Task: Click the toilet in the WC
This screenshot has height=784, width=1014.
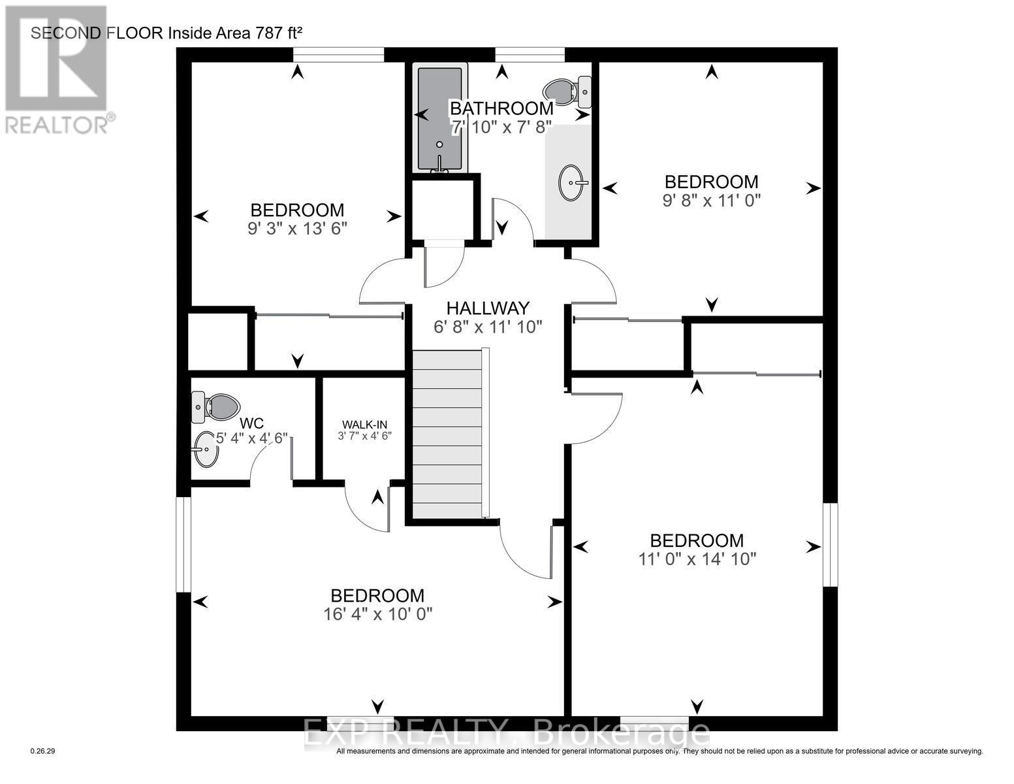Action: tap(216, 406)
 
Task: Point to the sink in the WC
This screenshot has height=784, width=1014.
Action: tap(206, 449)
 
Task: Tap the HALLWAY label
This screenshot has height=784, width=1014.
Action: tap(487, 308)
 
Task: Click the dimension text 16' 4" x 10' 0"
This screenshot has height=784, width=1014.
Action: tap(378, 615)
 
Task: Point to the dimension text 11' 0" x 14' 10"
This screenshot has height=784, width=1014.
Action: tap(697, 559)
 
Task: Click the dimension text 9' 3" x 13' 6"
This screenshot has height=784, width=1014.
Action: tap(297, 229)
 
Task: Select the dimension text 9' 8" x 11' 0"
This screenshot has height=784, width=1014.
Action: tap(711, 200)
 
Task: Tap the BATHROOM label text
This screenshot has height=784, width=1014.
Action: tap(502, 108)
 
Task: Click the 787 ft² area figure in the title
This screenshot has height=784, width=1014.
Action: tap(266, 33)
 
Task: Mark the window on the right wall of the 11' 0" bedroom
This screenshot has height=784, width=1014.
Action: tap(830, 545)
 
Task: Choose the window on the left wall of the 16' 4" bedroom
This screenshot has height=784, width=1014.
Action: tap(183, 545)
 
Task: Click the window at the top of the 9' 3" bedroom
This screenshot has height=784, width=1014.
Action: tap(338, 55)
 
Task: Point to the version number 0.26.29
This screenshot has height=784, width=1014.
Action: tap(43, 751)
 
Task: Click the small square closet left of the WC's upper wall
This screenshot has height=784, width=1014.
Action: tap(217, 342)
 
